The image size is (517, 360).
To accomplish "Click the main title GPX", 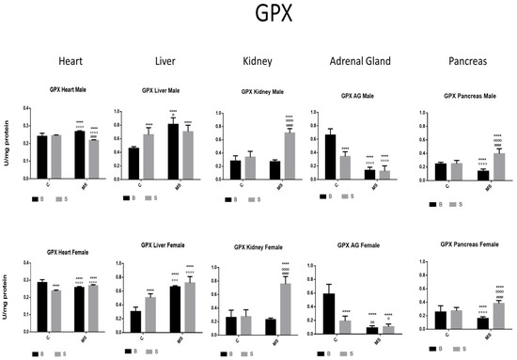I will [x=258, y=16].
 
